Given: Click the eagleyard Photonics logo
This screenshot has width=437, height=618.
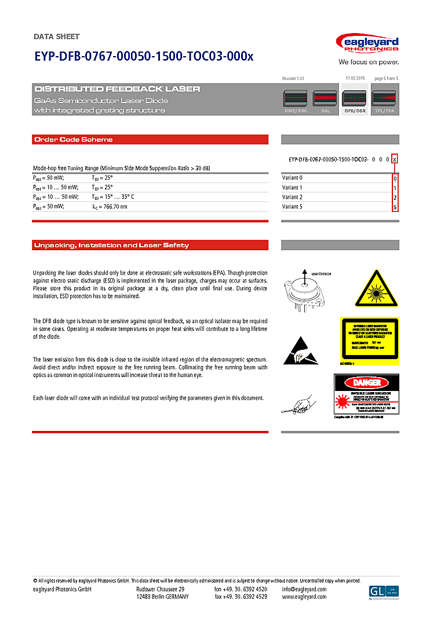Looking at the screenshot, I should point(367,44).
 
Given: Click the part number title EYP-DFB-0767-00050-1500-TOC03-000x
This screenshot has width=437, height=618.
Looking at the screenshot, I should point(144,56).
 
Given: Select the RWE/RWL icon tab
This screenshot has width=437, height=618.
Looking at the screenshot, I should point(296,101).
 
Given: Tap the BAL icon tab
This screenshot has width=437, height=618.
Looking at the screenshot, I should point(325,101).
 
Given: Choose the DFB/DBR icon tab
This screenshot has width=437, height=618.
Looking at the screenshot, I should point(355,101).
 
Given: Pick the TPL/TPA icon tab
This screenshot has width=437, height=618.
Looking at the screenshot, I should point(384,101).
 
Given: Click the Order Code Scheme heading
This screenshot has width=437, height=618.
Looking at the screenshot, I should point(74,140).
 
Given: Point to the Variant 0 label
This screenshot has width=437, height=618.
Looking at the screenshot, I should point(292,178).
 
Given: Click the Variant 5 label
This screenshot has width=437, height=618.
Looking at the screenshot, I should point(292,207).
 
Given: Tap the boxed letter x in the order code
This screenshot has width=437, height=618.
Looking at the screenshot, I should point(395,159).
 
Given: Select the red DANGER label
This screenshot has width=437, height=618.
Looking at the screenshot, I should point(366,383).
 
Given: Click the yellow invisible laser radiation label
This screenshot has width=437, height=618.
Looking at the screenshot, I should point(369,339).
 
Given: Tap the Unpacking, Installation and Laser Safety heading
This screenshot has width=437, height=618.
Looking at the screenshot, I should point(111,246).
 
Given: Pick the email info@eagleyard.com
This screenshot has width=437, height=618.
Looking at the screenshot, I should point(304,590).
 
